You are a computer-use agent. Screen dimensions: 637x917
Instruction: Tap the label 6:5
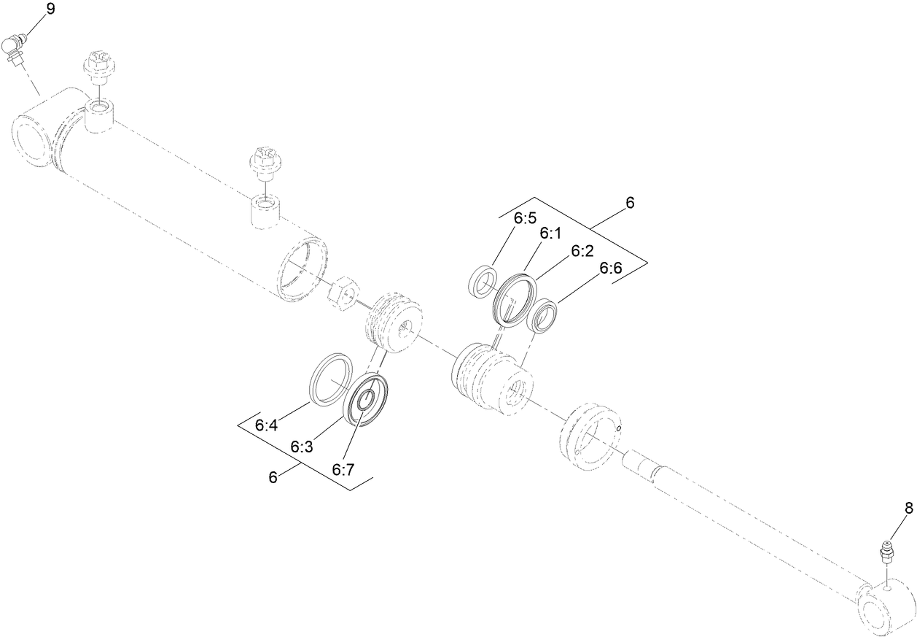click(x=525, y=217)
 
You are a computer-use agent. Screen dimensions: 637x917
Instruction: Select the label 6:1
click(x=551, y=233)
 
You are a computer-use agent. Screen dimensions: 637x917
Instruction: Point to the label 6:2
click(x=582, y=250)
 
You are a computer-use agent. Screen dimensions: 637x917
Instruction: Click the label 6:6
click(x=611, y=269)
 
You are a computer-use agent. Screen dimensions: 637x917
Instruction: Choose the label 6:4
click(x=266, y=425)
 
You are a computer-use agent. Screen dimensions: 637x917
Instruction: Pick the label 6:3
click(x=301, y=446)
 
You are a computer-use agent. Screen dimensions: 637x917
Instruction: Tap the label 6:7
click(x=343, y=469)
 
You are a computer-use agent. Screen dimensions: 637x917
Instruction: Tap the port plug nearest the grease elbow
click(x=97, y=66)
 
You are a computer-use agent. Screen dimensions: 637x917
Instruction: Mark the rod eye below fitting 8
click(x=885, y=606)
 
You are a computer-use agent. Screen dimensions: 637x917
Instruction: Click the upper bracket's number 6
click(x=630, y=203)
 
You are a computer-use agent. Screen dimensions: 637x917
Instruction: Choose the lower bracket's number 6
click(x=273, y=477)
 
